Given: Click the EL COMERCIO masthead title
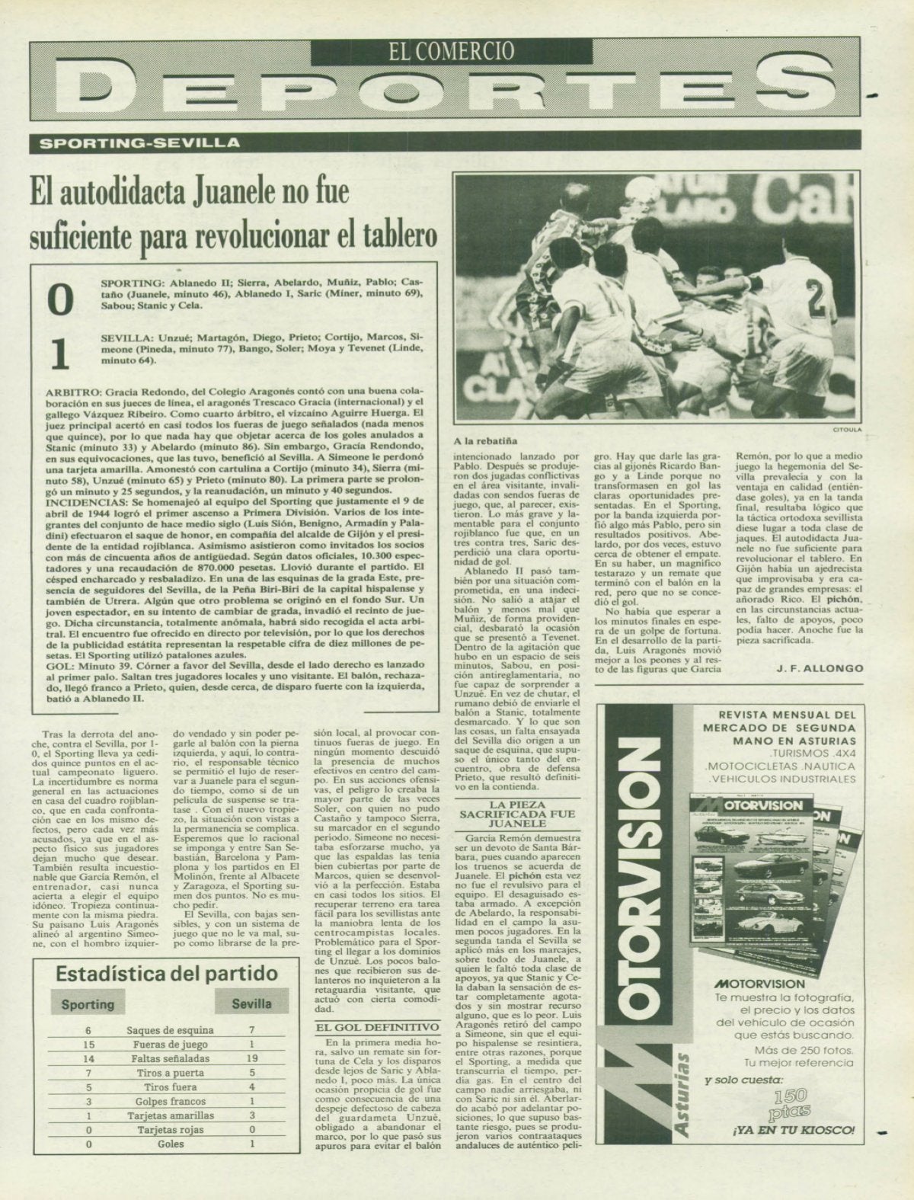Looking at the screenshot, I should (x=451, y=50).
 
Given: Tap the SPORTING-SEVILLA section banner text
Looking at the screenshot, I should (x=140, y=142).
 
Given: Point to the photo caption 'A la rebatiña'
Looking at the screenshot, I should (x=485, y=441).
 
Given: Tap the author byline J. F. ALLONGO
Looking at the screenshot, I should (x=820, y=668).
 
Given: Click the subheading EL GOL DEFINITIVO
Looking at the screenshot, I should (x=378, y=1027).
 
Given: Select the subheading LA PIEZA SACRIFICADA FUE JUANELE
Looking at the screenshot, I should (x=516, y=814).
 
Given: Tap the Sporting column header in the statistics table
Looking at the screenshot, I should (x=88, y=1004).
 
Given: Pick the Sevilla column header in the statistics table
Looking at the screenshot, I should (x=251, y=1003).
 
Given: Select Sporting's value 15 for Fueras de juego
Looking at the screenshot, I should (x=88, y=1045).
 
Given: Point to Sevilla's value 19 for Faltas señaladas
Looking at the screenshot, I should (x=252, y=1058).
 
